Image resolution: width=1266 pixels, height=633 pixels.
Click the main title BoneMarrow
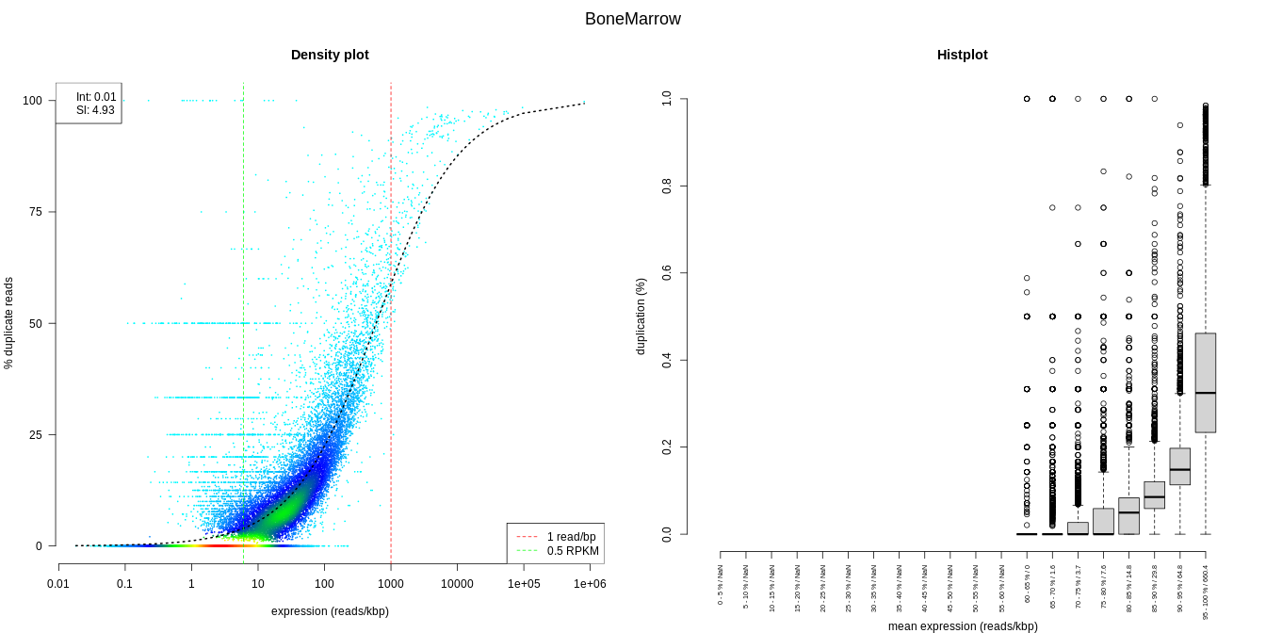(x=632, y=19)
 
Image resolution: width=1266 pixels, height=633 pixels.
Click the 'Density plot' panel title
(x=330, y=55)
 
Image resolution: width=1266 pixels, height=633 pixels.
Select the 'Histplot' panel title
(x=962, y=55)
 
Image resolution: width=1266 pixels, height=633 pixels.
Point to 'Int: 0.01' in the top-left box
(x=96, y=97)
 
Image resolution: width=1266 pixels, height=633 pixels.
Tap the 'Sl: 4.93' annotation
(x=96, y=110)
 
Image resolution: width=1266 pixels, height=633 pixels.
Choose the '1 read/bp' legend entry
(x=572, y=537)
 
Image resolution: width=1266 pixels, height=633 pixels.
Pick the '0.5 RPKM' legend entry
(x=572, y=551)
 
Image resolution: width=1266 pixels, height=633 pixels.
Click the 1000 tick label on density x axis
(x=390, y=584)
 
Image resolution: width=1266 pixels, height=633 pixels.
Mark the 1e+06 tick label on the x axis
(x=590, y=584)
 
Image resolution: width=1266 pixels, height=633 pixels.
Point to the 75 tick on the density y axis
(x=36, y=212)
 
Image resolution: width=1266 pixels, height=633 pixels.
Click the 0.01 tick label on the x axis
(x=58, y=584)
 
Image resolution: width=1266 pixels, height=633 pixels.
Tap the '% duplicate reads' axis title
(x=8, y=323)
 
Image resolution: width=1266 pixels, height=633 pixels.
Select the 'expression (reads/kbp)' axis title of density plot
(x=330, y=611)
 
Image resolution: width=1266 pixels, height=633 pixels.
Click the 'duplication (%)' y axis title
(x=641, y=316)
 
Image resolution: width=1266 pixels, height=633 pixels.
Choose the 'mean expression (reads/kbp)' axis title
(x=963, y=626)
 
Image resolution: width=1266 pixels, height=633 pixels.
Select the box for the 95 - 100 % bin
(x=1205, y=381)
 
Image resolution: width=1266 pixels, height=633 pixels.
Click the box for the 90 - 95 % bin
(x=1179, y=466)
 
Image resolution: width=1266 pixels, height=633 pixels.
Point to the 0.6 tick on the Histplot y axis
(x=667, y=273)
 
